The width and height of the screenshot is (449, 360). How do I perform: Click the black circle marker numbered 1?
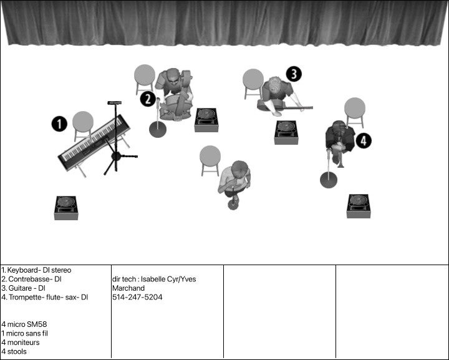pyautogui.click(x=59, y=124)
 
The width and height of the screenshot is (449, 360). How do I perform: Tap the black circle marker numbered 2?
pyautogui.click(x=147, y=99)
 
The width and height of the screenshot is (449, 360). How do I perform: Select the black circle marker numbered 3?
pyautogui.click(x=294, y=74)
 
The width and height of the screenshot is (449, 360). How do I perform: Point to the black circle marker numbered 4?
pyautogui.click(x=364, y=140)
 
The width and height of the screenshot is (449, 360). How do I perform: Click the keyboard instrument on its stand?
pyautogui.click(x=94, y=142)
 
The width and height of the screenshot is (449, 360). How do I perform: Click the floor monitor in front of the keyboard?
pyautogui.click(x=65, y=207)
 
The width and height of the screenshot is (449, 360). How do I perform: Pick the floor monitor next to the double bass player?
pyautogui.click(x=206, y=120)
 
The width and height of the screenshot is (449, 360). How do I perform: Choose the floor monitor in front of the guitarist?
pyautogui.click(x=286, y=132)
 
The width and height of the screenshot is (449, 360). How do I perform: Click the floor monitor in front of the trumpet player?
pyautogui.click(x=359, y=206)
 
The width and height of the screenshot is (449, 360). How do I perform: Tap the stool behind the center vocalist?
pyautogui.click(x=210, y=158)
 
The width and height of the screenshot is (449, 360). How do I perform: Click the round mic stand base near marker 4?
pyautogui.click(x=328, y=180)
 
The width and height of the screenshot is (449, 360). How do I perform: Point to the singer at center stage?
pyautogui.click(x=235, y=180)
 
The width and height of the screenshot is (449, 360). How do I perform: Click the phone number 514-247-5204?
pyautogui.click(x=137, y=298)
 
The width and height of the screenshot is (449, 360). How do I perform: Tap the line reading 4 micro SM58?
pyautogui.click(x=24, y=324)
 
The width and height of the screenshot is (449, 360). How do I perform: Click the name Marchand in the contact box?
pyautogui.click(x=128, y=288)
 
